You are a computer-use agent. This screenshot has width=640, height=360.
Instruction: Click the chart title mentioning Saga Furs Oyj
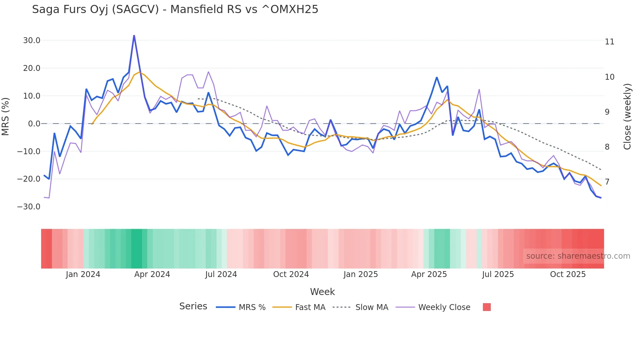pos(175,9)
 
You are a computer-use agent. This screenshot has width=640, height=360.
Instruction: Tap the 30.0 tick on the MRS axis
pos(32,41)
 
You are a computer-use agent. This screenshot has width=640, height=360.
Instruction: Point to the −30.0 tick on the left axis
pos(29,207)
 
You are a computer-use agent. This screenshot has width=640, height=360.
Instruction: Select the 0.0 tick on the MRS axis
pos(34,124)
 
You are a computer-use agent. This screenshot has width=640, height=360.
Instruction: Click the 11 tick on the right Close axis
pos(609,42)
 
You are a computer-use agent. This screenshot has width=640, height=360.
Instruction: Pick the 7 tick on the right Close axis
pos(607,182)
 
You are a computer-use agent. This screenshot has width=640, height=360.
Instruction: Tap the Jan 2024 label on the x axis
pos(83,274)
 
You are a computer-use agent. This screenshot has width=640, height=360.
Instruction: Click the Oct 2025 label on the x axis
pos(568,274)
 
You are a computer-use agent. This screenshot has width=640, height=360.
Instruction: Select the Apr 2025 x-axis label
pos(429,274)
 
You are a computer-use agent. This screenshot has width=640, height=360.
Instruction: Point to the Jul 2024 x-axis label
pos(221,274)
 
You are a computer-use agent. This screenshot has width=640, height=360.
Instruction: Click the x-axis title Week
pos(322,292)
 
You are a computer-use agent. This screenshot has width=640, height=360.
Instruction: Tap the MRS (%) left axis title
pos(6,116)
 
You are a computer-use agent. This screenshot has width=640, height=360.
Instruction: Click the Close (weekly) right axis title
pos(627,117)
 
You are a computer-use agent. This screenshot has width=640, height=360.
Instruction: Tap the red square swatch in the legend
pos(487,307)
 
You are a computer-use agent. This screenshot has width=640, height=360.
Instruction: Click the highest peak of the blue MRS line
pos(134,35)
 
